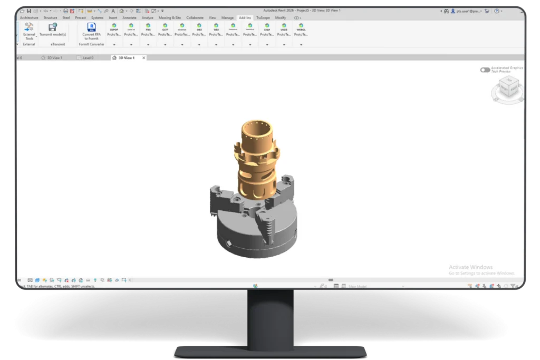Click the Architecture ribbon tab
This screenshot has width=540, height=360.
30,17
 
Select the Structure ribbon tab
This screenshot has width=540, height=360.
50,17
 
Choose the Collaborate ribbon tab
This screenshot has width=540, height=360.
195,17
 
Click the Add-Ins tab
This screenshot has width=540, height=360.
245,17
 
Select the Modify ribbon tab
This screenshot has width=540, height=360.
280,17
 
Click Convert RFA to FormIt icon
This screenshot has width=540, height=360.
91,27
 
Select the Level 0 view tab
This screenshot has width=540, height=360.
88,57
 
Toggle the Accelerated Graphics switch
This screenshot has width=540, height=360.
485,70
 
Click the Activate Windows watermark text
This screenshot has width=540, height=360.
470,267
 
